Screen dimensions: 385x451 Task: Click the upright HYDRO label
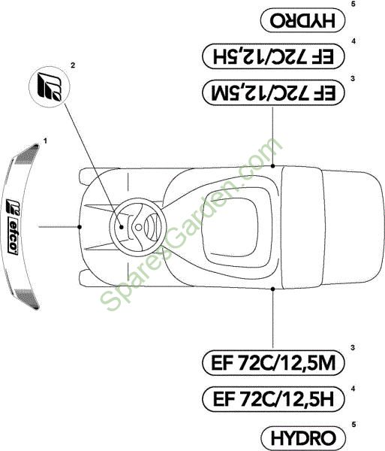pyautogui.click(x=303, y=438)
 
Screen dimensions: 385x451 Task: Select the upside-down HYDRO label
pyautogui.click(x=302, y=20)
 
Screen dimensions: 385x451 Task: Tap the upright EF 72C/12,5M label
pyautogui.click(x=273, y=363)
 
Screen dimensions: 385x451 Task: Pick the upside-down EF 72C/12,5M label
pyautogui.click(x=273, y=92)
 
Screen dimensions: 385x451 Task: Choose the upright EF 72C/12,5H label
pyautogui.click(x=273, y=399)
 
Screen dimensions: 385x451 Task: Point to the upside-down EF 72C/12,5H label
pyautogui.click(x=273, y=56)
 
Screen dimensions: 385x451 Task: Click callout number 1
pyautogui.click(x=45, y=141)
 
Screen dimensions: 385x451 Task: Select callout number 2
pyautogui.click(x=73, y=65)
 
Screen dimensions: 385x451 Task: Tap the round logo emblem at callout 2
pyautogui.click(x=50, y=87)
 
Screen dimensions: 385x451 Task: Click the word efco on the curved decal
pyautogui.click(x=13, y=238)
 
